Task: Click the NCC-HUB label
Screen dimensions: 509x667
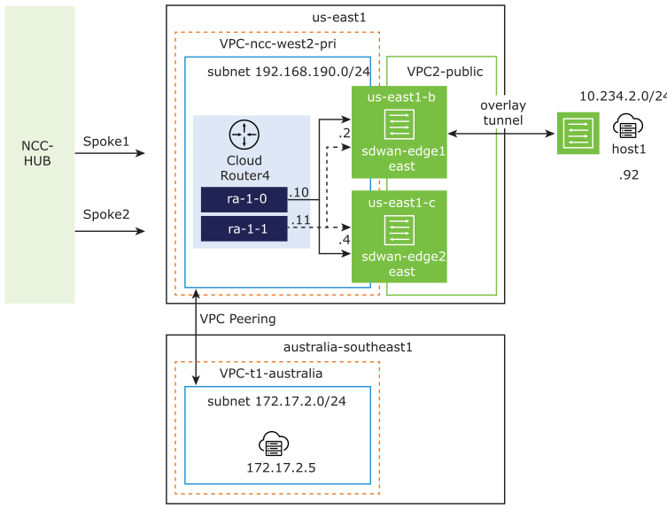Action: tap(39, 153)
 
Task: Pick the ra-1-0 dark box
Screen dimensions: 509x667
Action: tap(244, 199)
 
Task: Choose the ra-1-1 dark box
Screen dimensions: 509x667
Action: tap(244, 228)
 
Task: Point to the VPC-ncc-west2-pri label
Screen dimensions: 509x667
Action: tap(277, 43)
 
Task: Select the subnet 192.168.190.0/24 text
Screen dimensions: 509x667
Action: tap(276, 71)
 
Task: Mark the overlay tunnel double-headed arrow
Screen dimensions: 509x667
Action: tap(501, 134)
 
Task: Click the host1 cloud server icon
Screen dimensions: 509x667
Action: tap(628, 127)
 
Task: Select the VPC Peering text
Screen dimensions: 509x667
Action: tap(237, 319)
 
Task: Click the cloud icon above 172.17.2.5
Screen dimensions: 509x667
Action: tap(274, 443)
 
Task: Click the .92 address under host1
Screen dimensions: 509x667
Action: tap(628, 175)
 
